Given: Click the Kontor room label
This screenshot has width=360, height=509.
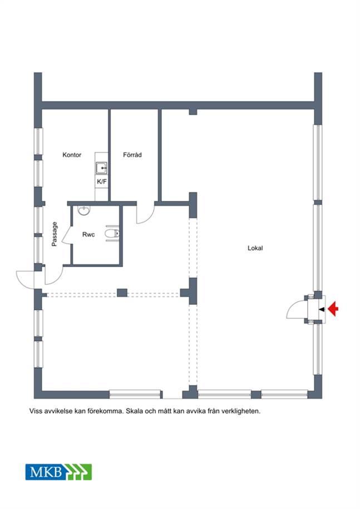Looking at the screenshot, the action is pos(72,155).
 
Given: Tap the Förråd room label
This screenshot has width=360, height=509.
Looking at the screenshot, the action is pos(132,155).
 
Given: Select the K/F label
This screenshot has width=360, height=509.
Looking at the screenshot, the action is pos(102,182).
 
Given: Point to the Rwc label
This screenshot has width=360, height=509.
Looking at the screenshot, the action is pos(88,234).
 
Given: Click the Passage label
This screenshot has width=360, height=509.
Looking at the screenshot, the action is pos(55,234).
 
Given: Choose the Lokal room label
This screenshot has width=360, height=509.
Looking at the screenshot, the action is pos(255,248).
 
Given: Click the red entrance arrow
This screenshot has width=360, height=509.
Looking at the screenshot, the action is pos(333,309).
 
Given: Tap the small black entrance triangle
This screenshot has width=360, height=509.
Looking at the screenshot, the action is pos(322,309).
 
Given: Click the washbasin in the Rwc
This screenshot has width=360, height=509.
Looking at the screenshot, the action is pos(84,210).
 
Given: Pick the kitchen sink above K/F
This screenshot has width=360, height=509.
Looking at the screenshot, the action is pos(102,168).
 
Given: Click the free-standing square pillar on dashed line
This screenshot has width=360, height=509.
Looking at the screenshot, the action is pos(122,293).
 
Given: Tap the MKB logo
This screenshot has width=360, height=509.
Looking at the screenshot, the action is pos(59,472).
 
